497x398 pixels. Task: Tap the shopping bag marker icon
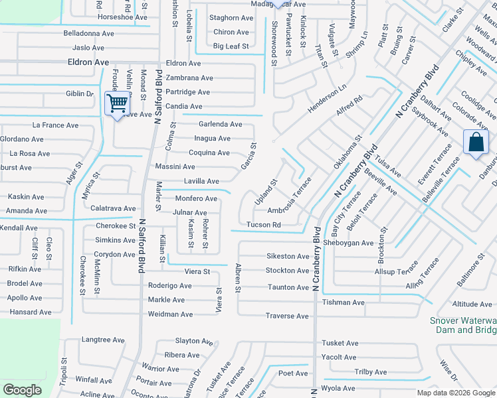tap(475, 142)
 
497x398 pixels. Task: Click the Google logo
tap(22, 390)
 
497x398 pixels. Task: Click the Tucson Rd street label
tap(263, 225)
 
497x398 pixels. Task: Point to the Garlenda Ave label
tap(221, 124)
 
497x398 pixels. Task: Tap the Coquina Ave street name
tap(209, 153)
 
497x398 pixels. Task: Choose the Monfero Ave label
tap(196, 198)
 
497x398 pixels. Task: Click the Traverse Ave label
tap(287, 316)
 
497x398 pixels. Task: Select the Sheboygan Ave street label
tap(349, 243)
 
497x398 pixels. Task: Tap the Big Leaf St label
tap(231, 46)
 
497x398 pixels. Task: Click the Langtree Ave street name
tap(103, 340)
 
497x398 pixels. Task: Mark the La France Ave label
tap(56, 125)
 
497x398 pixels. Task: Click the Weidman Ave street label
tap(170, 314)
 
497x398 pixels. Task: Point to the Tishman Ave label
tap(343, 302)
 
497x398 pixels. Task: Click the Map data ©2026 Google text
tap(455, 393)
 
